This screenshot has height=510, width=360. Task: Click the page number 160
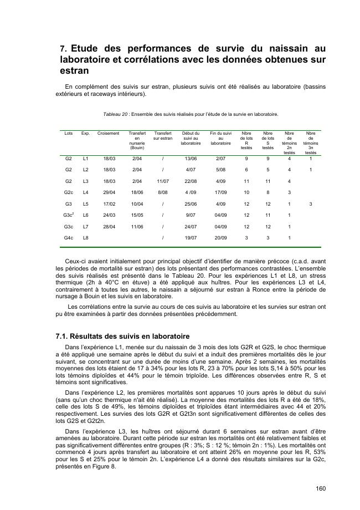pyautogui.click(x=321, y=488)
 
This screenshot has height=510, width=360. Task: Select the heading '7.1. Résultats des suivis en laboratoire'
pyautogui.click(x=122, y=336)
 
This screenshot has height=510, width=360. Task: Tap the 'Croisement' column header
pyautogui.click(x=108, y=134)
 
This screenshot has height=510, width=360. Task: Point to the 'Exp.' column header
pyautogui.click(x=85, y=134)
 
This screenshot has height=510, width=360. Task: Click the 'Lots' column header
pyautogui.click(x=69, y=134)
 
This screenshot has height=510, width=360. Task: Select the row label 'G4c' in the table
pyautogui.click(x=69, y=238)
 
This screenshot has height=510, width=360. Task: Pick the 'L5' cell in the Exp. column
pyautogui.click(x=85, y=203)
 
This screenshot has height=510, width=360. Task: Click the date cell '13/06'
pyautogui.click(x=191, y=158)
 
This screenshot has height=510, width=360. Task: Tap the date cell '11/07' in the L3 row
pyautogui.click(x=162, y=181)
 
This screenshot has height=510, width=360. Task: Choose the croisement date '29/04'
pyautogui.click(x=109, y=192)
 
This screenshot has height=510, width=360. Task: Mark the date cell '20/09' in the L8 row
pyautogui.click(x=220, y=238)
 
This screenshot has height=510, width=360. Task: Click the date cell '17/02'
pyautogui.click(x=109, y=203)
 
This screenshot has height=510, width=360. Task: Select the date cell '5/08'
pyautogui.click(x=220, y=170)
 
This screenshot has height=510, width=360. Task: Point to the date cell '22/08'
pyautogui.click(x=191, y=181)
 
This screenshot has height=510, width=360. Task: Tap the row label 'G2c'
pyautogui.click(x=69, y=192)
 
